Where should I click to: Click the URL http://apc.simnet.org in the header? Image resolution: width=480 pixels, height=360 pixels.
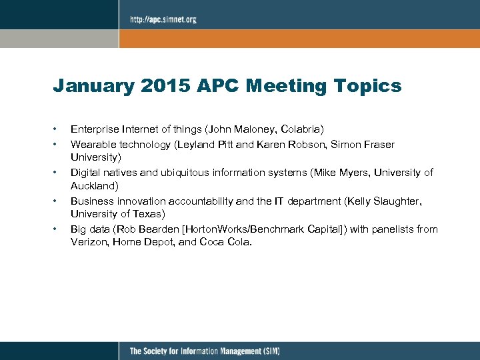[x=163, y=19]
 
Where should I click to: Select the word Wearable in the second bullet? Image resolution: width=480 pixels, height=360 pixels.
[x=92, y=145]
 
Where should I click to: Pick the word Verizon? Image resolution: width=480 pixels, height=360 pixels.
[x=87, y=243]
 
